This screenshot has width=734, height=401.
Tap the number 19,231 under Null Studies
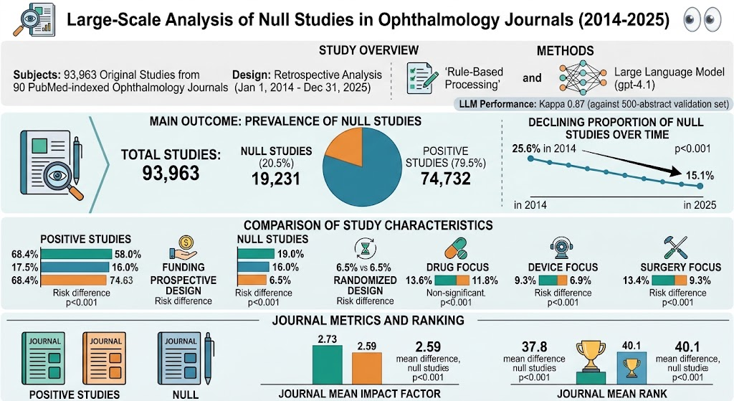coord(276,179)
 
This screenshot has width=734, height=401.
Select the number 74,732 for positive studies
coord(445,179)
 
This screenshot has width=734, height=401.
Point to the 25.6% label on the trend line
coord(526,148)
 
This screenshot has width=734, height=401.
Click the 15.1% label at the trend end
coord(700,176)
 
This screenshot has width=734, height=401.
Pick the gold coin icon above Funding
coord(186,242)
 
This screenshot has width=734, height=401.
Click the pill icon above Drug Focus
coord(456,248)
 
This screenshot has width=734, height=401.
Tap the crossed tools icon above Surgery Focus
coord(676,247)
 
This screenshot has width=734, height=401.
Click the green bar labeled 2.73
coord(327,365)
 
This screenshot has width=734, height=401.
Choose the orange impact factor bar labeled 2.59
coord(366,369)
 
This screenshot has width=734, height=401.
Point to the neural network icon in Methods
coord(583,77)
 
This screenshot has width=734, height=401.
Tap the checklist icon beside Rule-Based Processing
coord(419,77)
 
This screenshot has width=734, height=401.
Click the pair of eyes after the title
coord(702,19)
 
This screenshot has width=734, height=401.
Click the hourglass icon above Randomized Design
coord(365,248)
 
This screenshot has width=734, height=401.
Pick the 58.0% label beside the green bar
coord(128,255)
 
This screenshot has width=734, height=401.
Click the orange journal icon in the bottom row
coord(105,359)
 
